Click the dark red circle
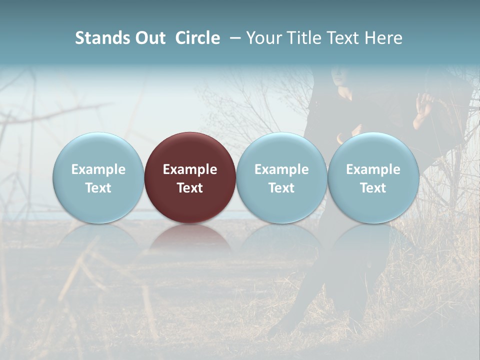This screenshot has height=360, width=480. point(190,150)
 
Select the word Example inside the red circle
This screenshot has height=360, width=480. point(190,169)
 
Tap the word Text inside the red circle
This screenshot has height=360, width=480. point(190,188)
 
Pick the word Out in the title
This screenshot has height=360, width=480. point(150,38)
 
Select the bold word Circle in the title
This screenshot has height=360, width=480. point(197,38)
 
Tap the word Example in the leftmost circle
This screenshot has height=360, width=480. point(98,169)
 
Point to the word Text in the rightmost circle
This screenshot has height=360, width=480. point(373,188)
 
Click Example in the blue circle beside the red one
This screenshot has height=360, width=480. point(281,169)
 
